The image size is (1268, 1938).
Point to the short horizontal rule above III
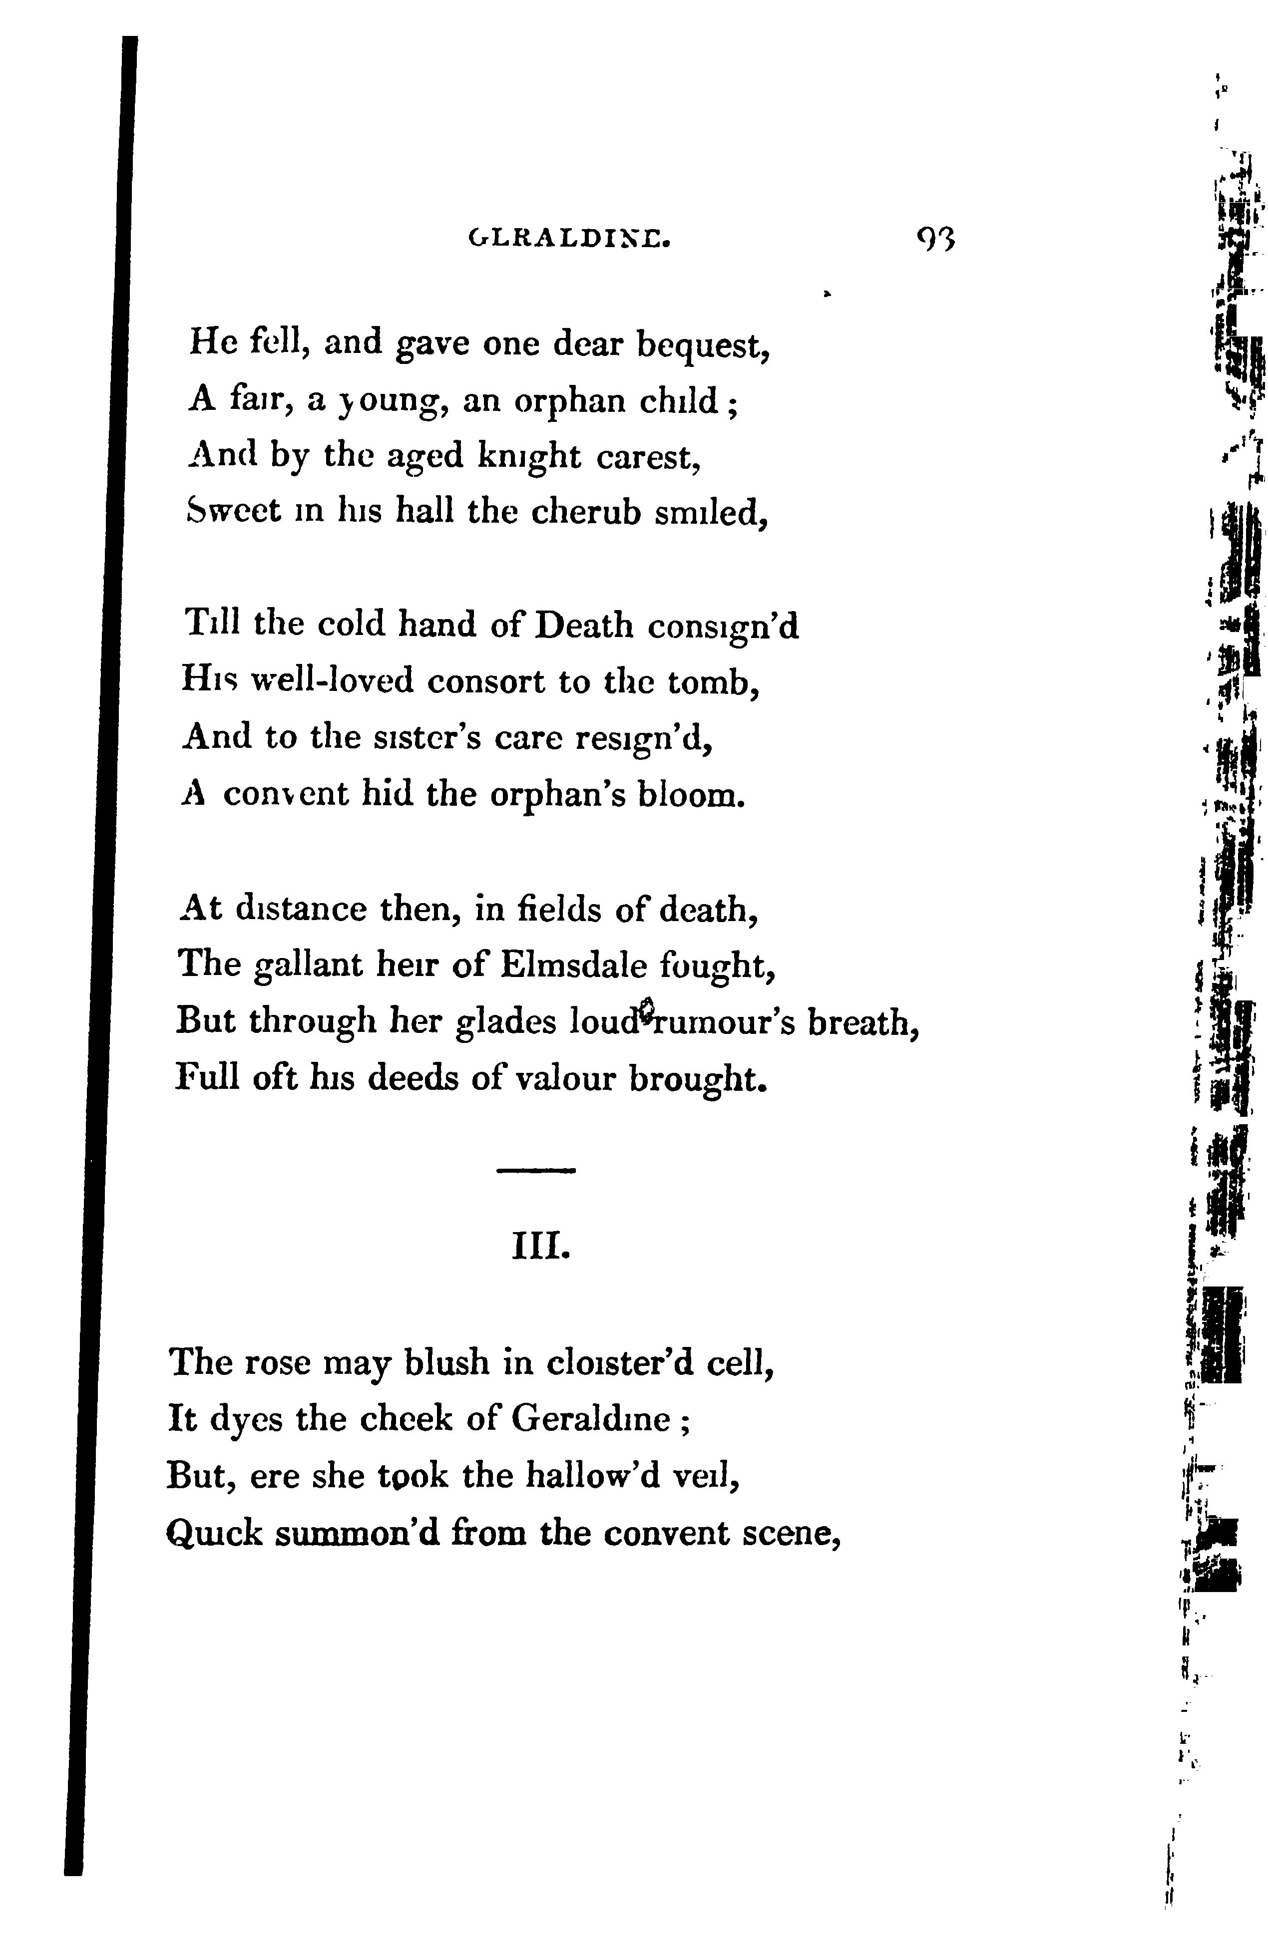[536, 1171]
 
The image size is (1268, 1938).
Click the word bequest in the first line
[702, 346]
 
